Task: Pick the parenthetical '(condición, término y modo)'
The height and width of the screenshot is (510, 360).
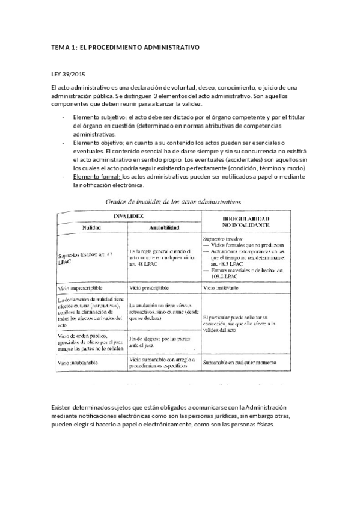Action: click(265, 169)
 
